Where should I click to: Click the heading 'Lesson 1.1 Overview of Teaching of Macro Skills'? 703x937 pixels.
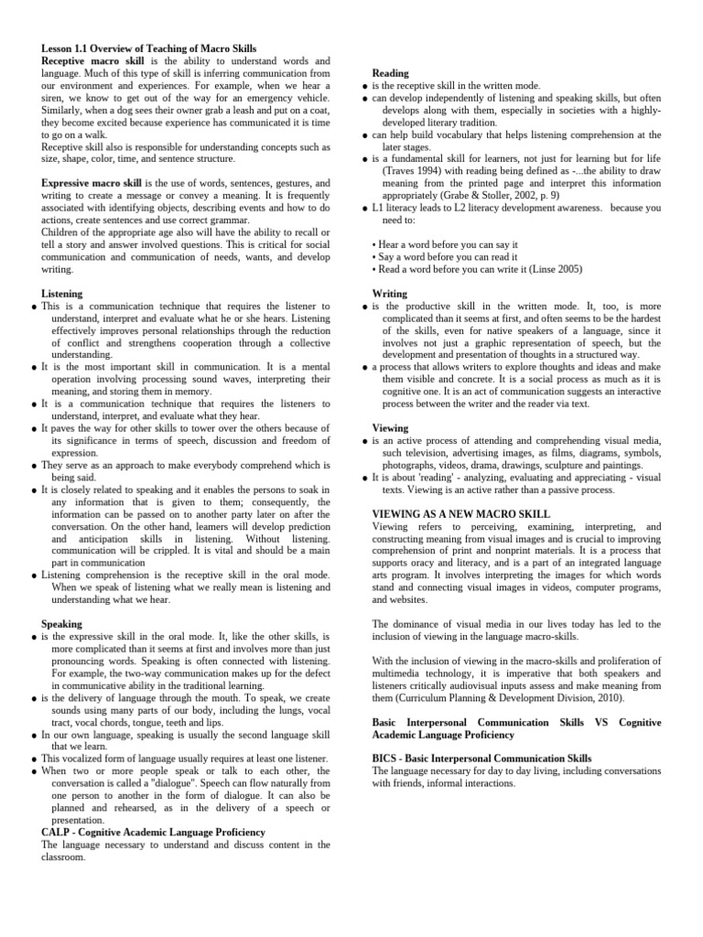click(149, 48)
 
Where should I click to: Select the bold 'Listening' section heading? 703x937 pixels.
click(62, 294)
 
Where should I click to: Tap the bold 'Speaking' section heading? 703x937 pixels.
click(62, 623)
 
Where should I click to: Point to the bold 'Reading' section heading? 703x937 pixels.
click(391, 73)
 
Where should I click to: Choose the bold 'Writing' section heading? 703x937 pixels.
click(391, 294)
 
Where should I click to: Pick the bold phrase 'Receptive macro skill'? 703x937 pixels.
click(90, 60)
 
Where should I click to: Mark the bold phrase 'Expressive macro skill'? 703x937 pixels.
click(92, 184)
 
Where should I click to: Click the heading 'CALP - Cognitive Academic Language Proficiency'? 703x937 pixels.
click(154, 833)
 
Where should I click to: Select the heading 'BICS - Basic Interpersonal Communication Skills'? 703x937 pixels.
click(482, 759)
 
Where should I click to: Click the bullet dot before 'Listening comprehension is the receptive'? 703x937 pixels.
click(34, 576)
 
